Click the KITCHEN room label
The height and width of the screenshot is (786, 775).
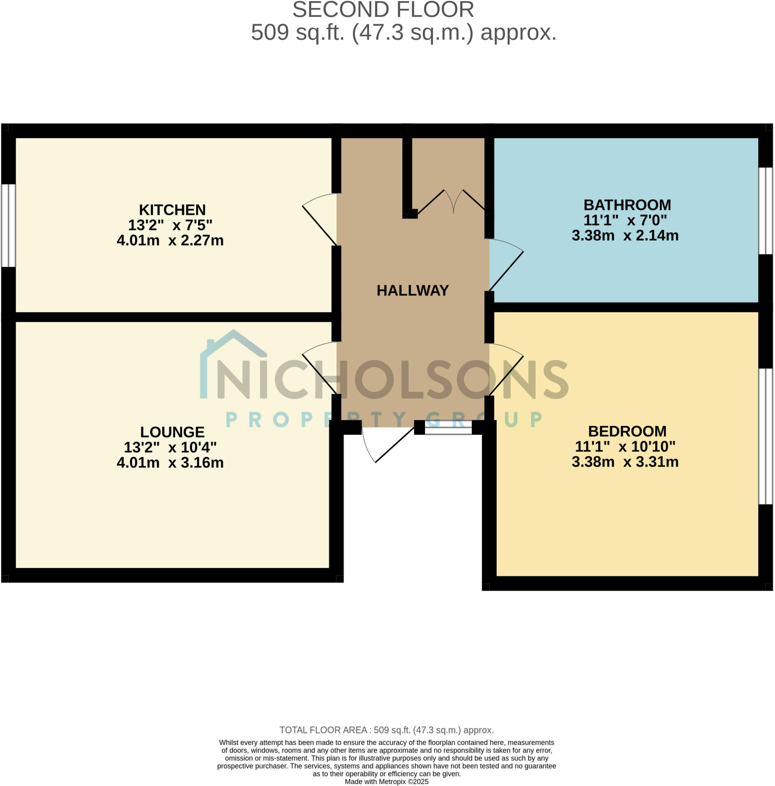[172, 210]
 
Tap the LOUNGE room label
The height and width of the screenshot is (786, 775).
[172, 432]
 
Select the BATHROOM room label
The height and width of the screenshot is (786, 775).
[627, 205]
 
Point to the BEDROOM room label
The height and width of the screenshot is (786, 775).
[627, 431]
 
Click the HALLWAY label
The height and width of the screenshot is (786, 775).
[413, 291]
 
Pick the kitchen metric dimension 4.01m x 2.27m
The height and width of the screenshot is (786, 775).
[170, 240]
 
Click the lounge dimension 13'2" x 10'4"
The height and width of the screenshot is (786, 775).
[170, 447]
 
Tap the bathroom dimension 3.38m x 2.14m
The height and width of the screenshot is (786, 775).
[625, 236]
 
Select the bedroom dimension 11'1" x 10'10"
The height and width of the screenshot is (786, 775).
[625, 447]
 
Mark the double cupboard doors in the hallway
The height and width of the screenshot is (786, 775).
[451, 201]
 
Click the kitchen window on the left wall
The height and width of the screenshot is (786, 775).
[8, 226]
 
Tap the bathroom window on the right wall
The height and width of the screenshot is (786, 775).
[765, 211]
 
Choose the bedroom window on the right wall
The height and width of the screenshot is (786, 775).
[765, 436]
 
